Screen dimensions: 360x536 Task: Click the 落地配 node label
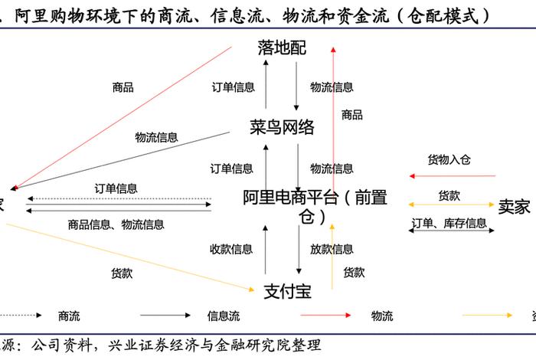point(281,48)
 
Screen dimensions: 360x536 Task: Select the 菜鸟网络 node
point(282,127)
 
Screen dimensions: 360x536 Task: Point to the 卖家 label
point(514,206)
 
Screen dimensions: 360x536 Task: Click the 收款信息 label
point(231,249)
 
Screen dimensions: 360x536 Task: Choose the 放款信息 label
point(332,249)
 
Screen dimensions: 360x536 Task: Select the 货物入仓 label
point(449,160)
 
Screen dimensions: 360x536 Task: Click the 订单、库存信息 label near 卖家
point(449,224)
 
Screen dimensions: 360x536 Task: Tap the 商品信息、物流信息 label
point(116,224)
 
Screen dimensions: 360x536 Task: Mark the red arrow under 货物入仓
point(452,176)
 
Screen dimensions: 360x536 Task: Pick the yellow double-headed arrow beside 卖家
point(452,205)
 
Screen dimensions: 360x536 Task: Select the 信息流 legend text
point(223,316)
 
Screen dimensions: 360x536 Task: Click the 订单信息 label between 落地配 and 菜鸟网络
point(233,87)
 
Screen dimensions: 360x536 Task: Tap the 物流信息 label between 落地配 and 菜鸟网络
point(332,87)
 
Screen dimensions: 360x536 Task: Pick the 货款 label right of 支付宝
point(354,272)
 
